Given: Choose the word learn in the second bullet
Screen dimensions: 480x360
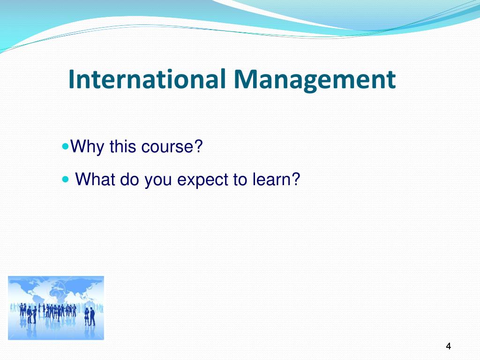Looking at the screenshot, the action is coord(272,179).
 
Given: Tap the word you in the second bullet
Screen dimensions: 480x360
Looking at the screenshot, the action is coord(158,181).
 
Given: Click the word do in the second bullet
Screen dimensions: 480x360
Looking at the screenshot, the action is coord(130,179).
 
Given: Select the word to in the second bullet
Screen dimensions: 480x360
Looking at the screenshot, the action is coord(240,180).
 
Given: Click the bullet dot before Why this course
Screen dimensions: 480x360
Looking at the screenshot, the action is coord(65,146).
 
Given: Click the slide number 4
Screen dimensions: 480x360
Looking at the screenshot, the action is coord(449,346).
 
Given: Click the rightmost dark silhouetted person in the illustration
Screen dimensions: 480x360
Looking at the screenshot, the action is coord(92,316).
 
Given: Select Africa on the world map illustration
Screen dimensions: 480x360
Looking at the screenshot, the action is coord(57,294).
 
